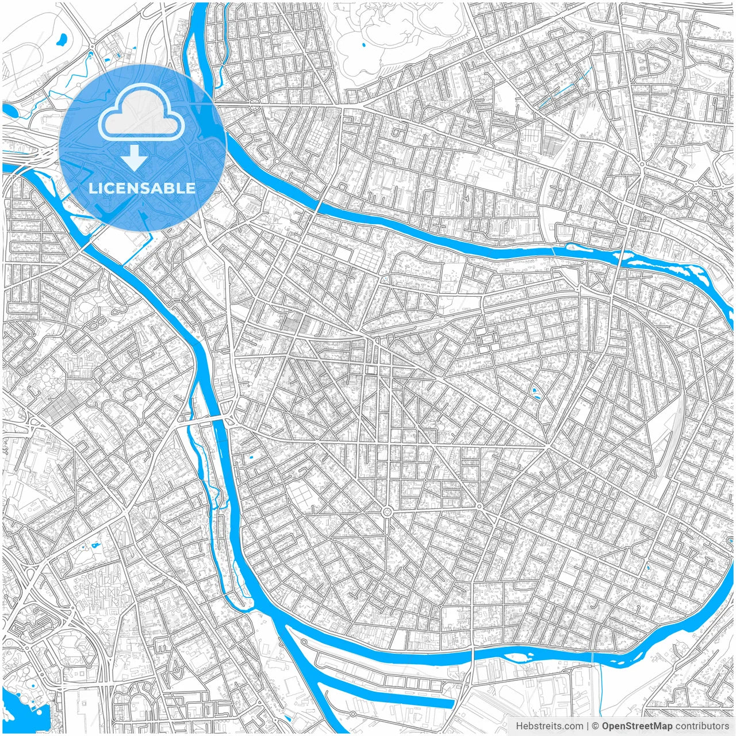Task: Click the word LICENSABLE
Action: click(142, 188)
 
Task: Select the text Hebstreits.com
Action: click(549, 726)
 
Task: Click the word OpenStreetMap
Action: click(638, 726)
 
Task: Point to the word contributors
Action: click(702, 726)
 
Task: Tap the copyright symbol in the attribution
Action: click(596, 726)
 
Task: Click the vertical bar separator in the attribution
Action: click(587, 726)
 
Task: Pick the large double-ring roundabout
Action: click(387, 511)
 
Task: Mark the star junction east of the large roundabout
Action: click(479, 506)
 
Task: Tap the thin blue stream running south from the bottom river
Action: click(599, 690)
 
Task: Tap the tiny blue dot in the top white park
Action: click(363, 44)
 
